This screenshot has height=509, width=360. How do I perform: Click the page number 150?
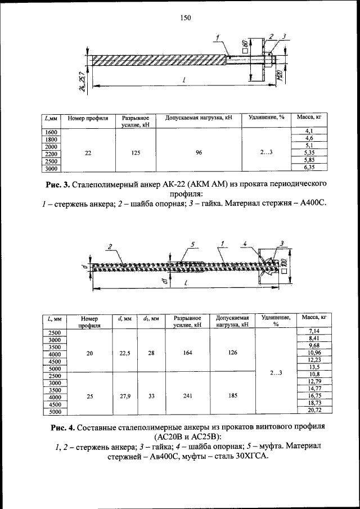click(x=186, y=18)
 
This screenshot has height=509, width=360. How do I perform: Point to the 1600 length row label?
click(x=51, y=132)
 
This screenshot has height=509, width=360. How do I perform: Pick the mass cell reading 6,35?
click(x=308, y=167)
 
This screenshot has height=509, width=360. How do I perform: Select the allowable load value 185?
click(x=232, y=396)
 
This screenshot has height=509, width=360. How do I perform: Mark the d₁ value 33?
click(x=151, y=396)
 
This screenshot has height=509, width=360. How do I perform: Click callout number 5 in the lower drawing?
click(x=192, y=245)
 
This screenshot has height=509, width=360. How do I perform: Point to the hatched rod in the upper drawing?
click(x=157, y=58)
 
